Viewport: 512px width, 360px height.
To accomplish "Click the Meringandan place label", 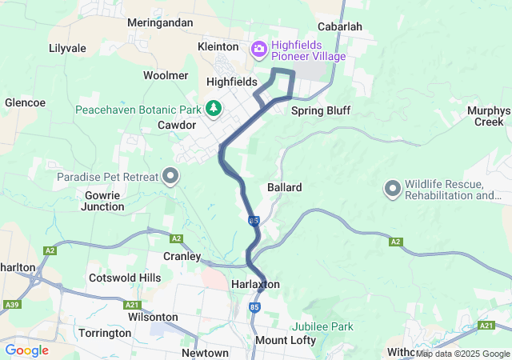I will (x=160, y=23).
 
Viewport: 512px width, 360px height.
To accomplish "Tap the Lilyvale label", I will (x=67, y=48).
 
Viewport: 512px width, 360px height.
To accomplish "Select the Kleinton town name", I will (x=218, y=47).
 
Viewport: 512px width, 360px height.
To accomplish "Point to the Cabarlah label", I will (x=340, y=26).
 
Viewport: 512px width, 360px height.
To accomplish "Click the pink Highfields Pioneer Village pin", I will (x=259, y=50).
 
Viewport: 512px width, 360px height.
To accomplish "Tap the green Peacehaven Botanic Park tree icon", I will (x=214, y=108).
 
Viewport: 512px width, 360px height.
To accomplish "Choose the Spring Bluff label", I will (x=320, y=110).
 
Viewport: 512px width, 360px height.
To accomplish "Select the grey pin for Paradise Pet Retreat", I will (x=170, y=175).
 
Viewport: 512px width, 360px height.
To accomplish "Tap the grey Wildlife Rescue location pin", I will (x=392, y=189).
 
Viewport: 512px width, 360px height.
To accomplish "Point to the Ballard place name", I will (x=284, y=187).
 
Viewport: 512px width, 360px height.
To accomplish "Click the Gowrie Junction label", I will (x=102, y=201).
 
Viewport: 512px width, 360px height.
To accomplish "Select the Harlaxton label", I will (x=254, y=285).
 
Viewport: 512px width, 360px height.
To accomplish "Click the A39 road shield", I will (x=12, y=304).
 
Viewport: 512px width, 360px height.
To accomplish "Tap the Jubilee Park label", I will (x=322, y=326).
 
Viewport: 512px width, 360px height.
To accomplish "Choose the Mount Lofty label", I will (x=285, y=341).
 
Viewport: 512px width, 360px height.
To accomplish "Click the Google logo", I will (x=26, y=350).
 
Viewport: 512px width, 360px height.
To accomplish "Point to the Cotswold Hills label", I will (x=125, y=278).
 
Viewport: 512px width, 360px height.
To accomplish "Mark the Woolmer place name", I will (x=166, y=75).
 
